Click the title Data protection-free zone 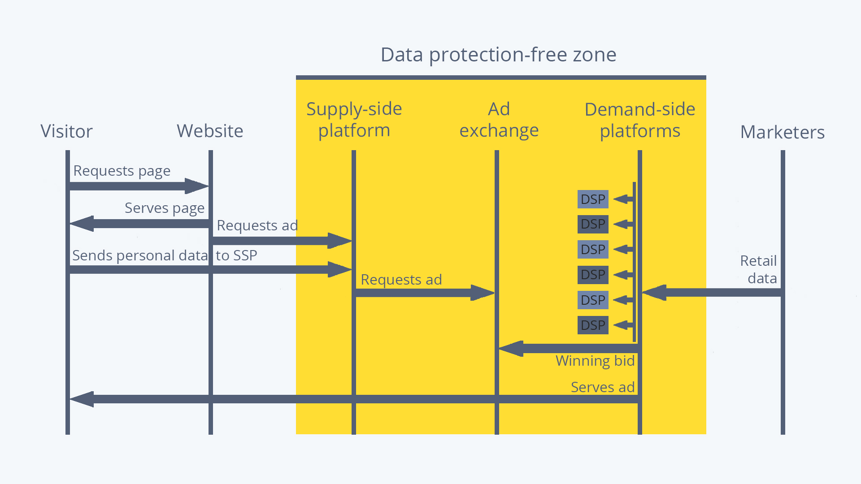(x=498, y=55)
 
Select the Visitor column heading (x=66, y=131)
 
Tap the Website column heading (x=210, y=131)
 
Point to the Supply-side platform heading (x=354, y=120)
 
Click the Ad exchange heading (x=499, y=120)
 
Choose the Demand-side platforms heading (x=640, y=120)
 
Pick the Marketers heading (x=783, y=132)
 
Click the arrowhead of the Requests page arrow (x=197, y=186)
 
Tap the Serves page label (x=165, y=208)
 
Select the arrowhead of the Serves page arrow (x=82, y=224)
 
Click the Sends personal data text (x=140, y=255)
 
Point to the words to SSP (x=236, y=255)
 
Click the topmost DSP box (x=593, y=199)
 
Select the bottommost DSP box (x=593, y=325)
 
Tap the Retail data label (x=758, y=269)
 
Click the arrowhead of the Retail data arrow (x=654, y=293)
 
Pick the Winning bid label (x=595, y=361)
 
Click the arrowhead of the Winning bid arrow (x=511, y=349)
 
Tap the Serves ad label (x=603, y=387)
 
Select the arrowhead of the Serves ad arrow (x=82, y=399)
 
